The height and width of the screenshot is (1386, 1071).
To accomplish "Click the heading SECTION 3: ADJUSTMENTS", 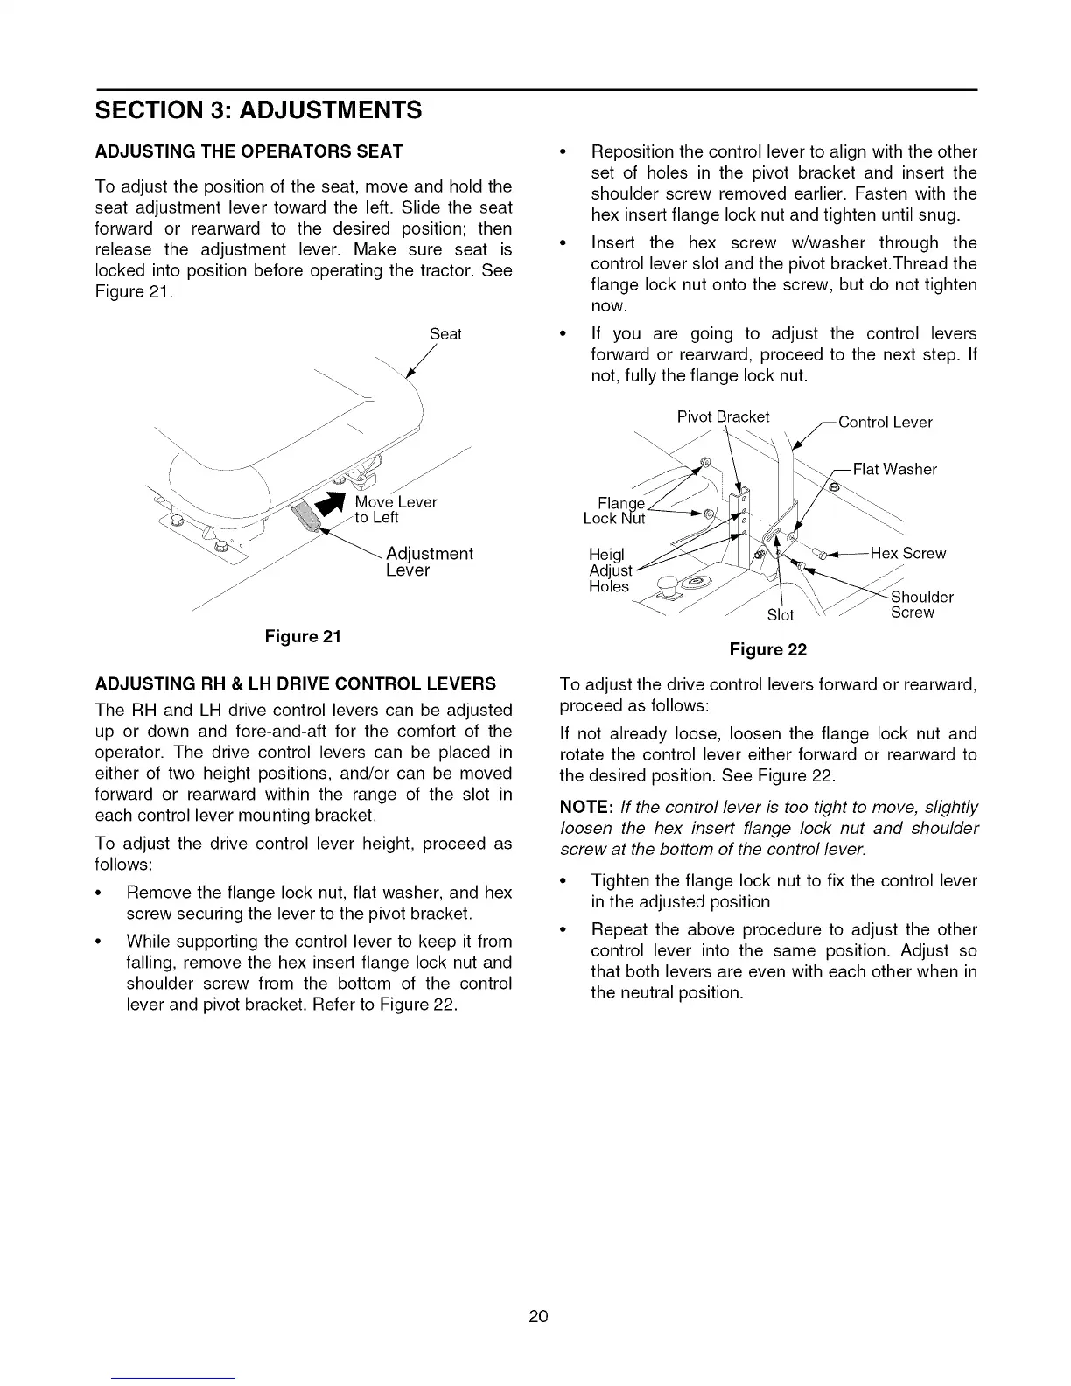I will (258, 110).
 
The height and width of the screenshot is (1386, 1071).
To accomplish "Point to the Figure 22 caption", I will (767, 649).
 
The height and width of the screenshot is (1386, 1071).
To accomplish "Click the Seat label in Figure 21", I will (445, 334).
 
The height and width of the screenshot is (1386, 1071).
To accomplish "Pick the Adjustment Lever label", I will (428, 562).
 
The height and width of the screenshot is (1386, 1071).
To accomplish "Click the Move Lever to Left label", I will (395, 509).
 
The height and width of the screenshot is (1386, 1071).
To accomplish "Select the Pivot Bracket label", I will (723, 416).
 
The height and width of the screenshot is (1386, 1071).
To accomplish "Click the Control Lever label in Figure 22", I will (885, 423).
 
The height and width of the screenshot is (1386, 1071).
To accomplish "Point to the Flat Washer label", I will (894, 470).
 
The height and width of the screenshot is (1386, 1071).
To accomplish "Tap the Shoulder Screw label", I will (921, 605).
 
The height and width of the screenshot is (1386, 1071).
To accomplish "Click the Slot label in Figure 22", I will (780, 615).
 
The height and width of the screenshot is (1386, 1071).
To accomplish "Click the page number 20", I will (537, 1316).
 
